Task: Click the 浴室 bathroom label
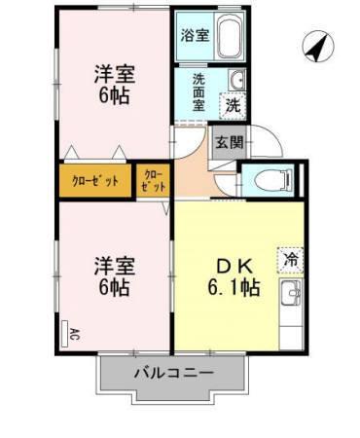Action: pos(195,36)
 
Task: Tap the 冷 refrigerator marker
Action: pos(289,259)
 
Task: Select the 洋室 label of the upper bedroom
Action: pos(114,73)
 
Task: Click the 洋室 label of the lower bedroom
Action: pos(114,265)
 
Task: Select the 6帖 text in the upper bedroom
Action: pos(115,96)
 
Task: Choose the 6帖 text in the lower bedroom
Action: pos(115,288)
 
